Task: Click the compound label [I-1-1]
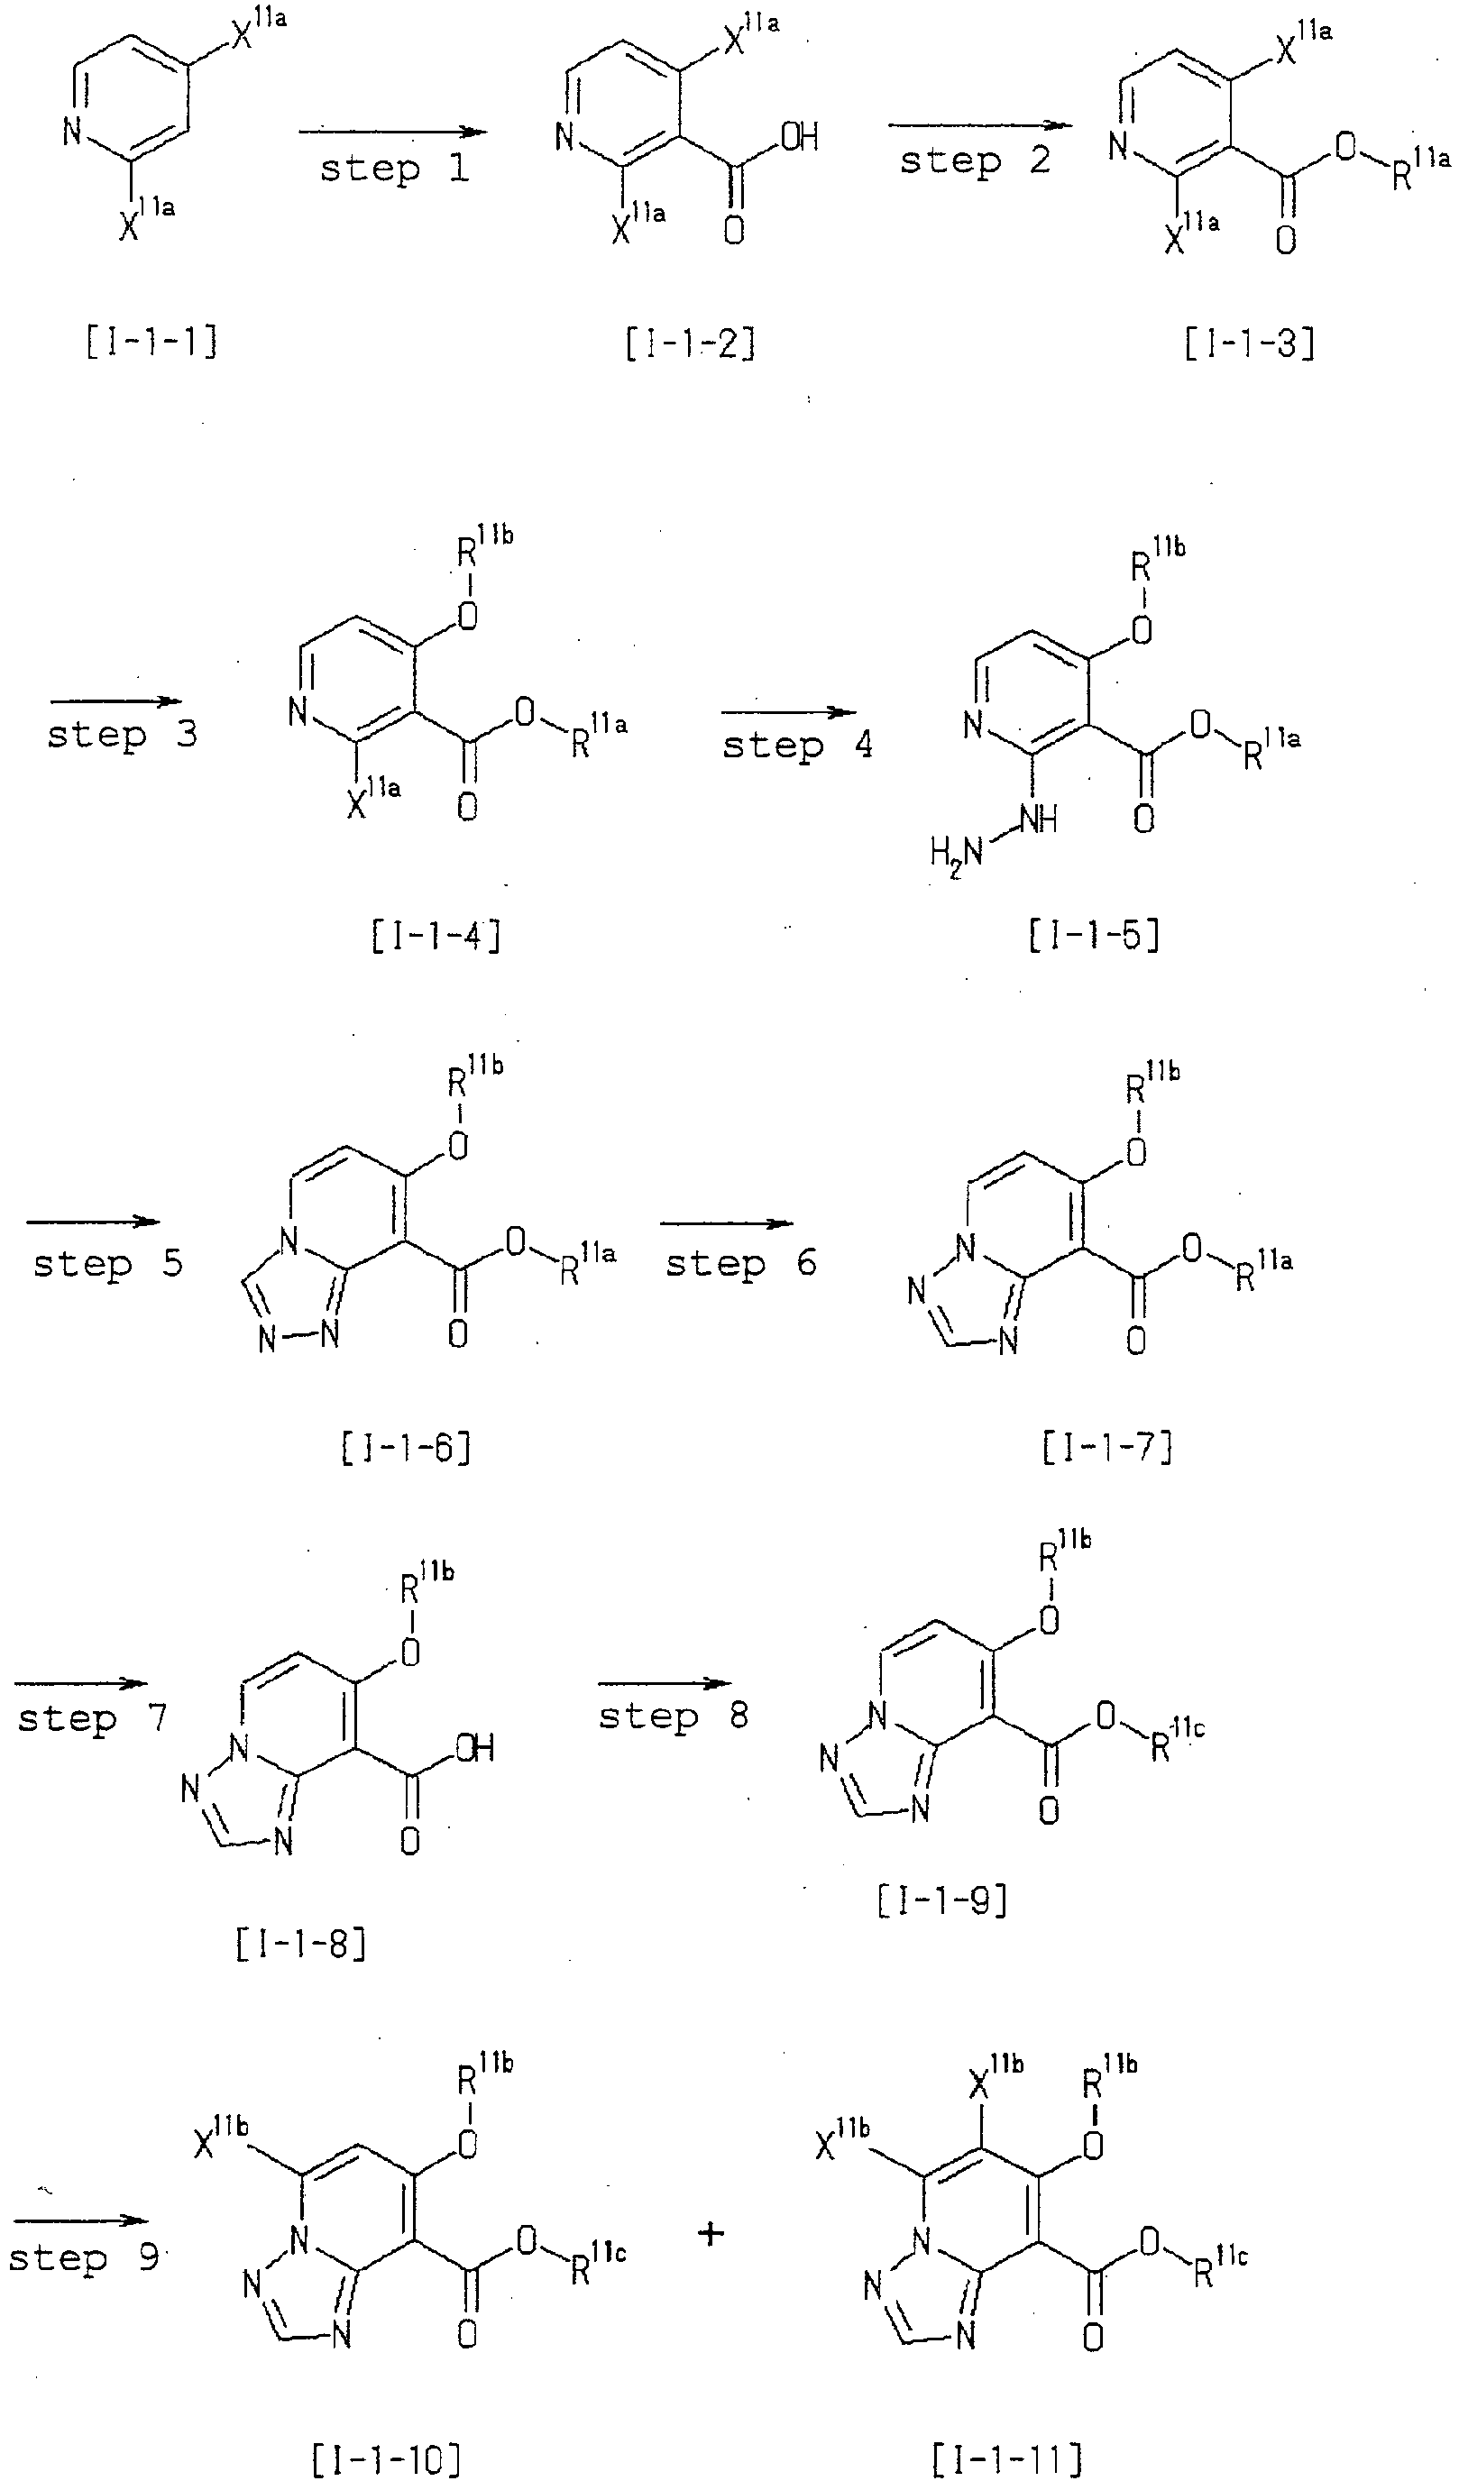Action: tap(152, 343)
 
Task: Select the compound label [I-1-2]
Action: tap(690, 343)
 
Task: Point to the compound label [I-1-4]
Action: tap(436, 934)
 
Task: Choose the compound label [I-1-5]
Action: tap(1094, 934)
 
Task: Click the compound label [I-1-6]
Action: tap(406, 1447)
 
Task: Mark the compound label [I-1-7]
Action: tap(1107, 1447)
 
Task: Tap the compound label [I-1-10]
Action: tap(386, 2458)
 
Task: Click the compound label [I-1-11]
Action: tap(1006, 2458)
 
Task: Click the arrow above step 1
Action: tap(393, 131)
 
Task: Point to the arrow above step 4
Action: tap(789, 713)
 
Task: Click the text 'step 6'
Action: tap(740, 1263)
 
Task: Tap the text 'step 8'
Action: tap(674, 1716)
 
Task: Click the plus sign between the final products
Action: tap(711, 2234)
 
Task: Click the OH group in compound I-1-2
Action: tap(800, 137)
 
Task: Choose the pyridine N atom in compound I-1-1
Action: tap(72, 130)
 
